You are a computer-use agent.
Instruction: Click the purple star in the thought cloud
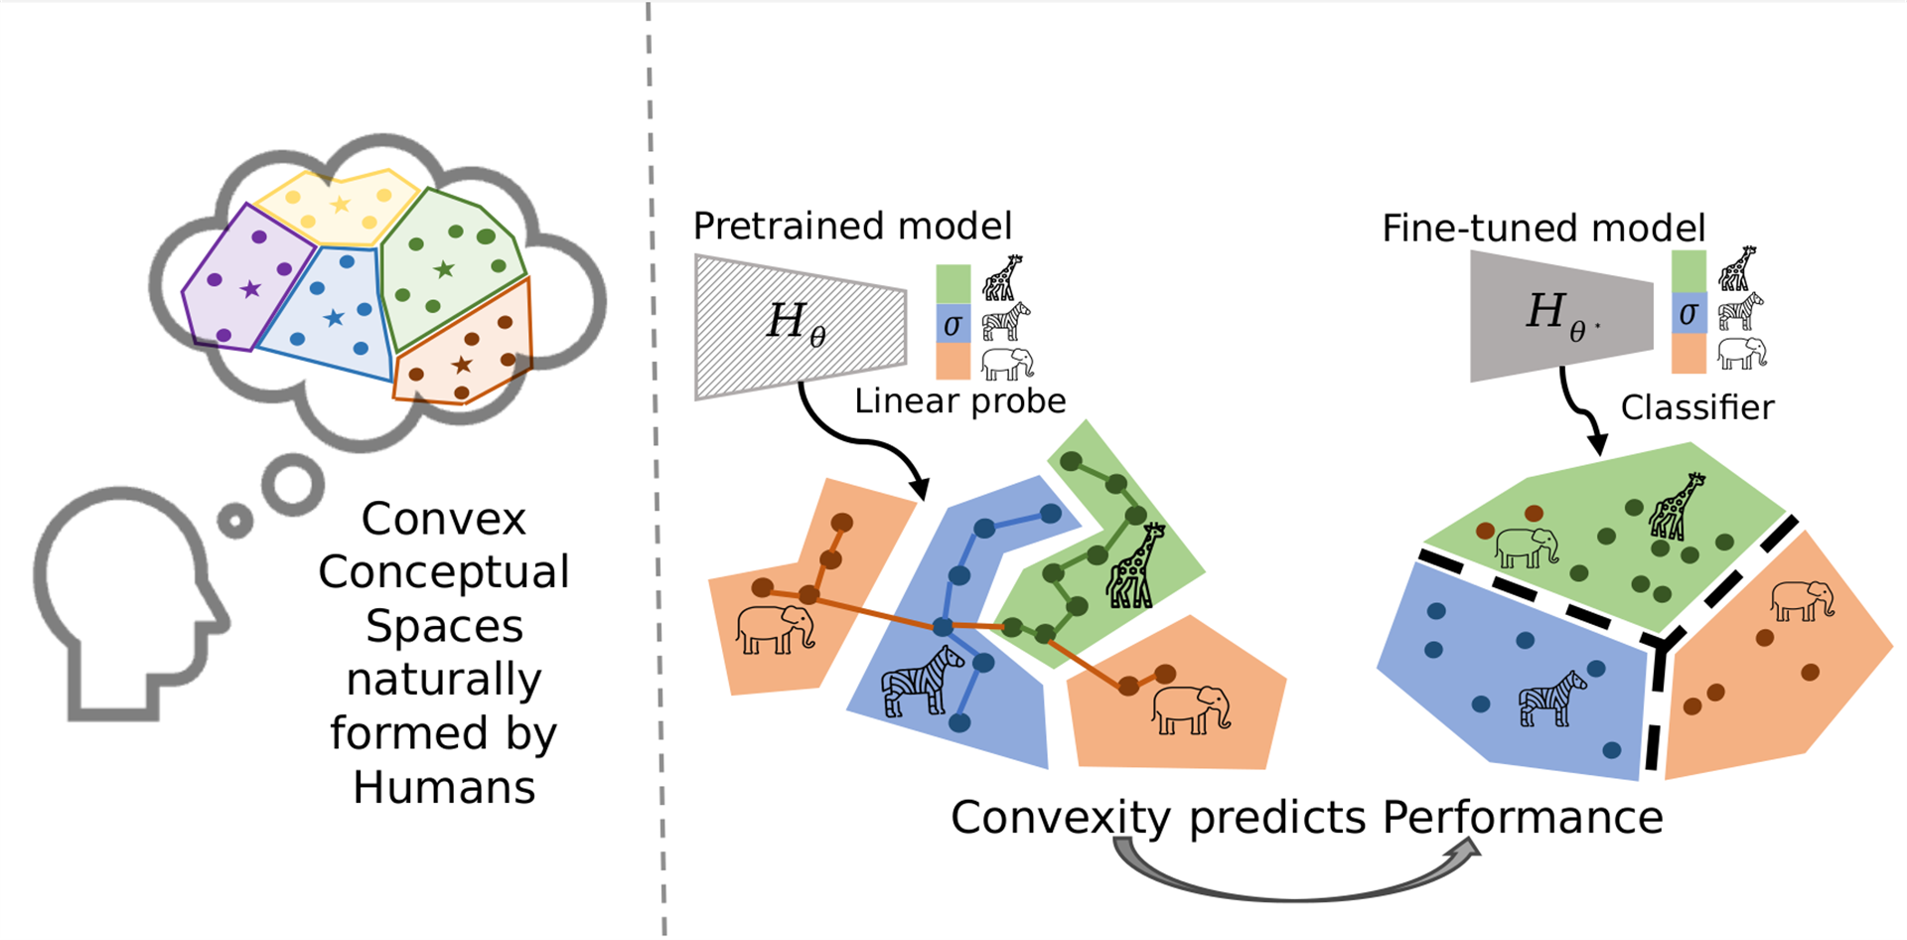point(250,289)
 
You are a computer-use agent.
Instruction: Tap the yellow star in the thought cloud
point(341,205)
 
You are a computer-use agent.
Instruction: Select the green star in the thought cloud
point(444,268)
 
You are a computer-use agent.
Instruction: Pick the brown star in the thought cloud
point(462,365)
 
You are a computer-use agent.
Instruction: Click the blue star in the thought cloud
point(335,318)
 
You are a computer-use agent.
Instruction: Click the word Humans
point(444,787)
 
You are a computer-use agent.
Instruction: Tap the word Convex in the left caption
point(443,519)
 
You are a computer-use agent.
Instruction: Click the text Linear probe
point(959,400)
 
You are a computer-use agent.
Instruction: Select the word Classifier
point(1697,407)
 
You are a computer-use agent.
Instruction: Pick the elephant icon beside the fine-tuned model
point(1742,353)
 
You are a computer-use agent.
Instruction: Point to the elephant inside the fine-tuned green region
point(1527,547)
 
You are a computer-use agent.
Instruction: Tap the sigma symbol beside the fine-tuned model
point(1688,314)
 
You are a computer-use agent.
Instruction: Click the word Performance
point(1523,818)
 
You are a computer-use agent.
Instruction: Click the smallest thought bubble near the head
point(235,521)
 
